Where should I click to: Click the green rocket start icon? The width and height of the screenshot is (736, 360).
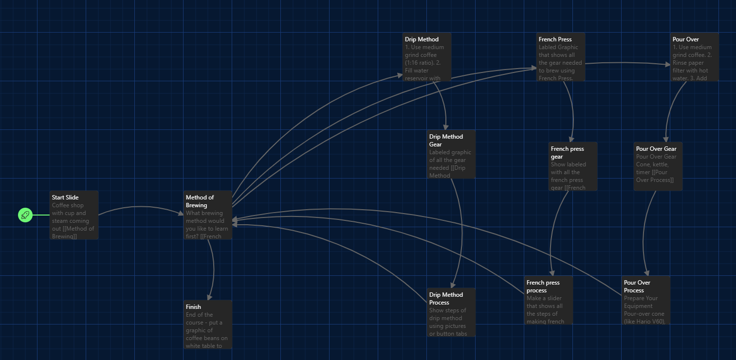tap(25, 215)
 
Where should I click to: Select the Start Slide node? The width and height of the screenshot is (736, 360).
tap(74, 215)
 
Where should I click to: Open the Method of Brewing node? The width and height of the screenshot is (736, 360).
tap(208, 215)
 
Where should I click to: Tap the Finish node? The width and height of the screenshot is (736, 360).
tap(208, 324)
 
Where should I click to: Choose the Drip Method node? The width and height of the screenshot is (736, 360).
tap(427, 57)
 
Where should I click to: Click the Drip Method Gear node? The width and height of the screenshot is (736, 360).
tap(451, 154)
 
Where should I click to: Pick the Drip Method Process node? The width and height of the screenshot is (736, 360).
tap(451, 312)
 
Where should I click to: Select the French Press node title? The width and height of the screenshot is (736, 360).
tap(555, 39)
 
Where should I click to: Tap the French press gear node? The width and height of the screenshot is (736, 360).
tap(573, 166)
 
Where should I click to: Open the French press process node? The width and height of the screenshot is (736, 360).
tap(549, 300)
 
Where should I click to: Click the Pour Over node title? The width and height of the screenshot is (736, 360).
tap(685, 39)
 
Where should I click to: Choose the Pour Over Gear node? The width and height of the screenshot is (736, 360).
tap(658, 166)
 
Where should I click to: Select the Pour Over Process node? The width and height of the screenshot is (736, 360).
tap(646, 300)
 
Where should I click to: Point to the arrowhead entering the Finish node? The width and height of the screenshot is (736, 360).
tap(210, 297)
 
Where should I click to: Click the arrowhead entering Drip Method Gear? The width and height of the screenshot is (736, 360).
tap(445, 126)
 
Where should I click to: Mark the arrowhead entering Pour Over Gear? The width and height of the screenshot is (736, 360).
tap(665, 139)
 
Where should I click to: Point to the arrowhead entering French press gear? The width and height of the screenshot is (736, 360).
tap(571, 139)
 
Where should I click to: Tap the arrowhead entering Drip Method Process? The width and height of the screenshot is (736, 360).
tap(453, 285)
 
